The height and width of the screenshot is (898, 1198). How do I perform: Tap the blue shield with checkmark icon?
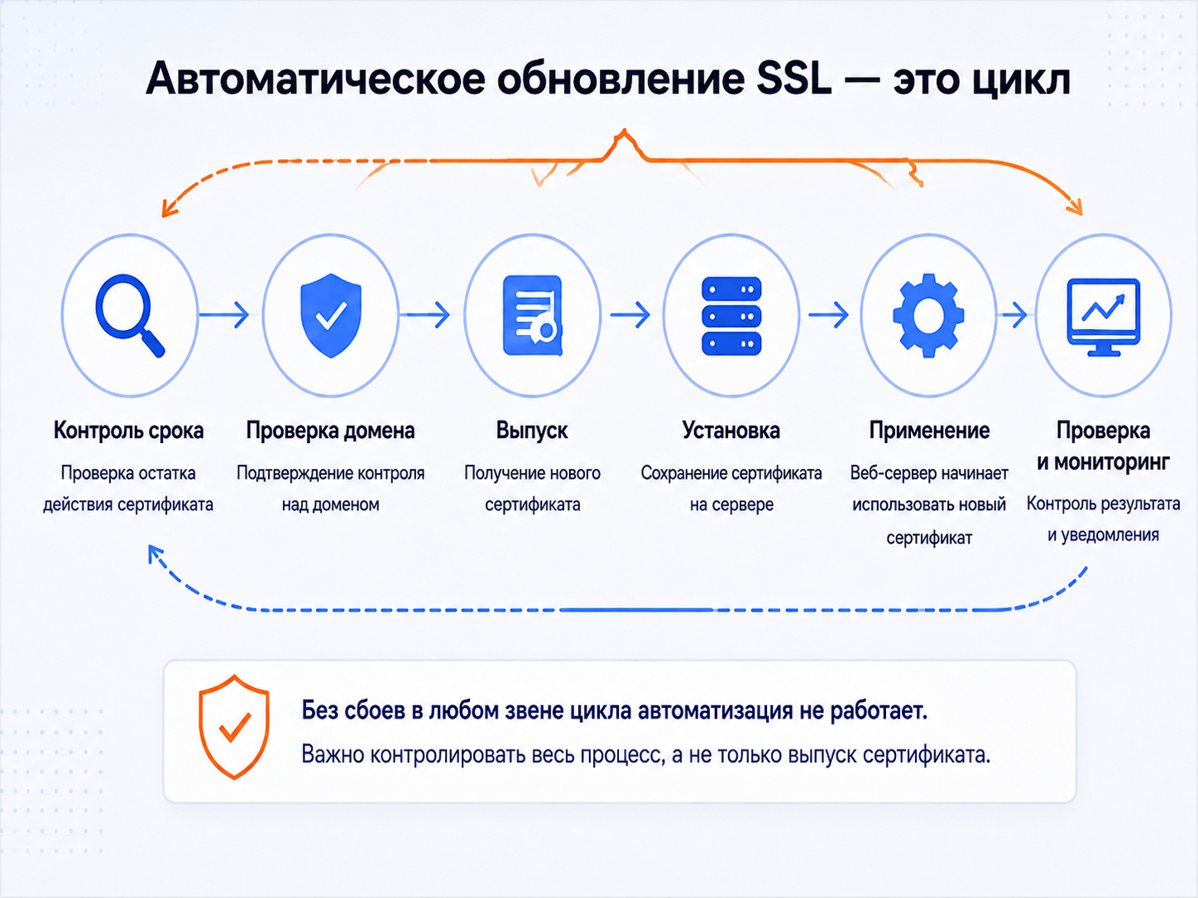pyautogui.click(x=331, y=315)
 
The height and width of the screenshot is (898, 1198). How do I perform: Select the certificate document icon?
pyautogui.click(x=532, y=315)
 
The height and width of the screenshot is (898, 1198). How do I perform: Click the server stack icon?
pyautogui.click(x=731, y=316)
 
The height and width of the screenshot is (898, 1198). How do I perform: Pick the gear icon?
pyautogui.click(x=928, y=315)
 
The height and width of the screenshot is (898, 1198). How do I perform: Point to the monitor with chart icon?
pyautogui.click(x=1104, y=317)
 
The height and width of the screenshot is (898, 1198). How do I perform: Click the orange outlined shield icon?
pyautogui.click(x=233, y=727)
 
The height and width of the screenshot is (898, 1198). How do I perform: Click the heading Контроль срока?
pyautogui.click(x=129, y=431)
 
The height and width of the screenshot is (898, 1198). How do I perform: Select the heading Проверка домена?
pyautogui.click(x=331, y=431)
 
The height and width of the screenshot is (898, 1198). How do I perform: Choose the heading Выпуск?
pyautogui.click(x=532, y=431)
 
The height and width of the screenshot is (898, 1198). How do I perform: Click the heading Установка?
pyautogui.click(x=731, y=431)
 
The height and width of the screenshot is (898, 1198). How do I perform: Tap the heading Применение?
pyautogui.click(x=929, y=431)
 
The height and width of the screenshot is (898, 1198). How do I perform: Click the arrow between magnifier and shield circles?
pyautogui.click(x=224, y=314)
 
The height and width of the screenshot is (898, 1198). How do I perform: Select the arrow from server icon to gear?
pyautogui.click(x=828, y=314)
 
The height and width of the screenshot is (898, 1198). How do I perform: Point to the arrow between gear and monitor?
pyautogui.click(x=1013, y=314)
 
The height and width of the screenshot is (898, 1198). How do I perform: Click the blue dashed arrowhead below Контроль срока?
pyautogui.click(x=155, y=553)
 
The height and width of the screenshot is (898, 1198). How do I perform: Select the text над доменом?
pyautogui.click(x=331, y=505)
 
